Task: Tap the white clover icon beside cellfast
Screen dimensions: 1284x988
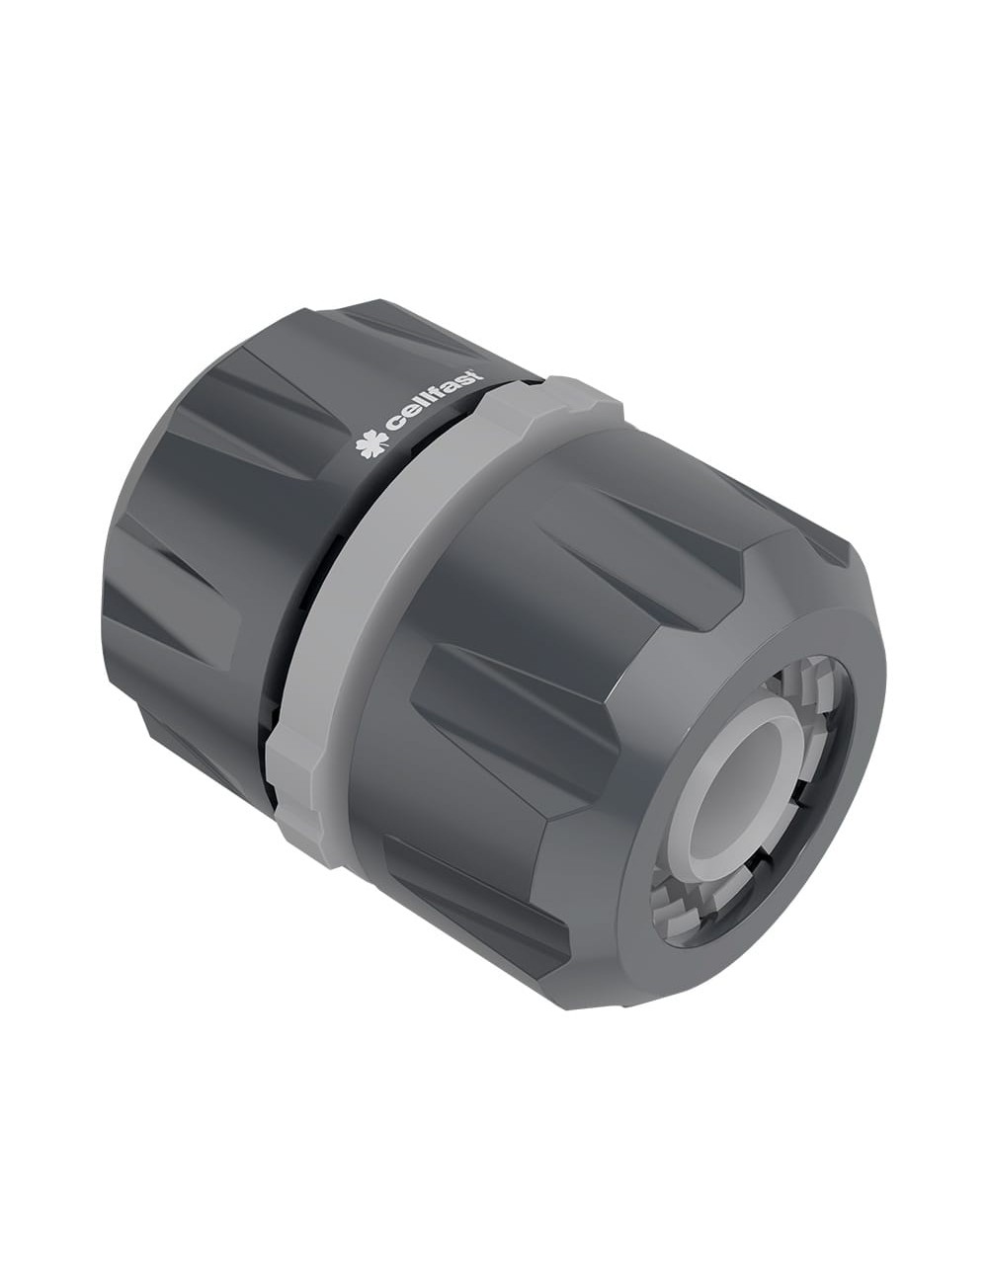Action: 370,444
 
